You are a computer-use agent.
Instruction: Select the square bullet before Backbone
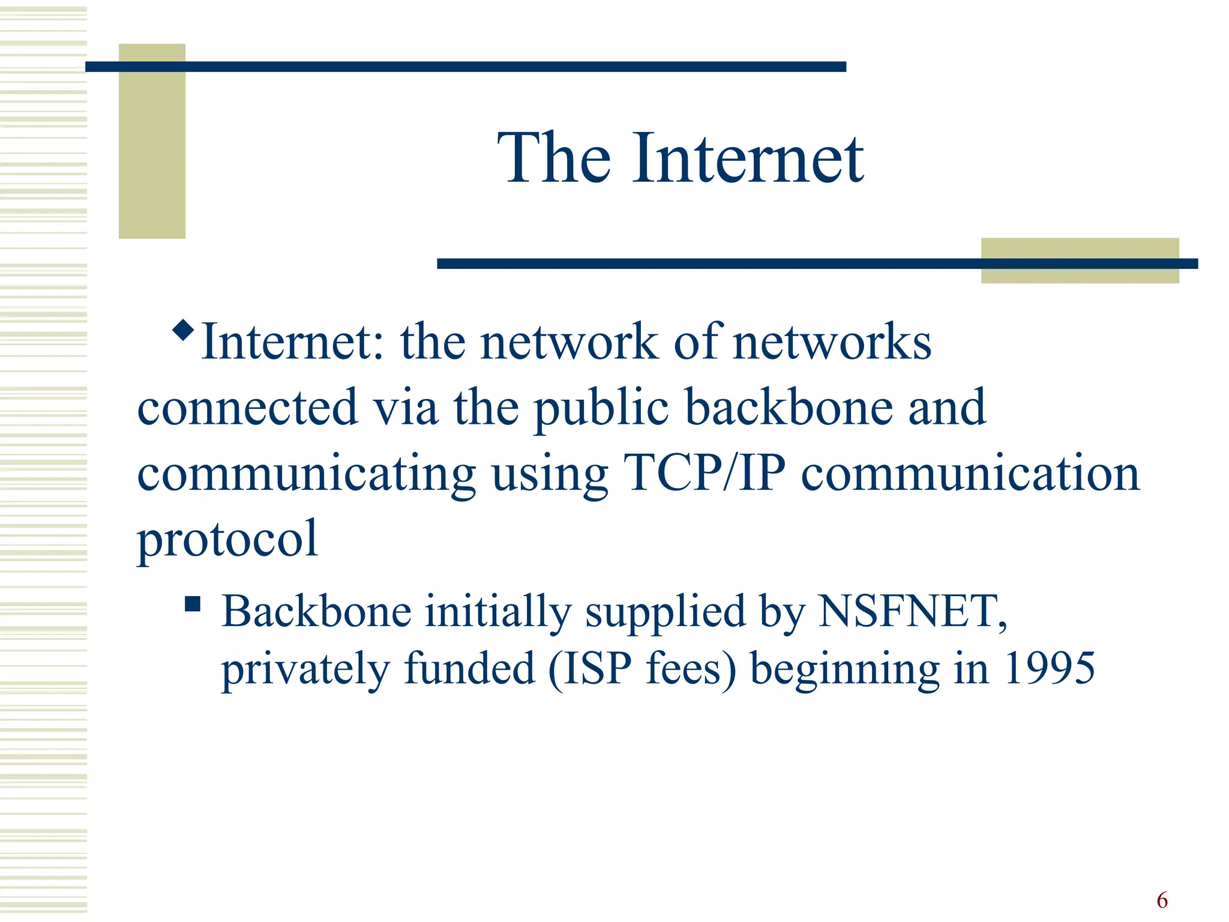(192, 603)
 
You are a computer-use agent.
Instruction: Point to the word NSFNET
(912, 611)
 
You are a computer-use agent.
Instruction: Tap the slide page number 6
(1162, 900)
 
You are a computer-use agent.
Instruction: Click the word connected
(248, 408)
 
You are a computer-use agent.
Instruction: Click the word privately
(305, 669)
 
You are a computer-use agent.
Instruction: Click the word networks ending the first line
(832, 342)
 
